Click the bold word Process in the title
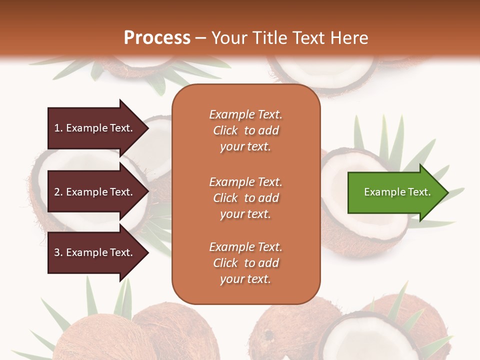pyautogui.click(x=157, y=38)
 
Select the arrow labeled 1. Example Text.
pyautogui.click(x=95, y=128)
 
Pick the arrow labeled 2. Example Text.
pyautogui.click(x=95, y=192)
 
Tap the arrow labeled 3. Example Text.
pyautogui.click(x=95, y=252)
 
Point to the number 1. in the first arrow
pyautogui.click(x=58, y=128)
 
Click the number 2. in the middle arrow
pyautogui.click(x=58, y=192)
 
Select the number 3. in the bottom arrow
pyautogui.click(x=58, y=252)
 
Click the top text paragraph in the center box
pyautogui.click(x=245, y=130)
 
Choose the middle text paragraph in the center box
pyautogui.click(x=245, y=197)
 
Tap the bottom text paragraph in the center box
pyautogui.click(x=245, y=263)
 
